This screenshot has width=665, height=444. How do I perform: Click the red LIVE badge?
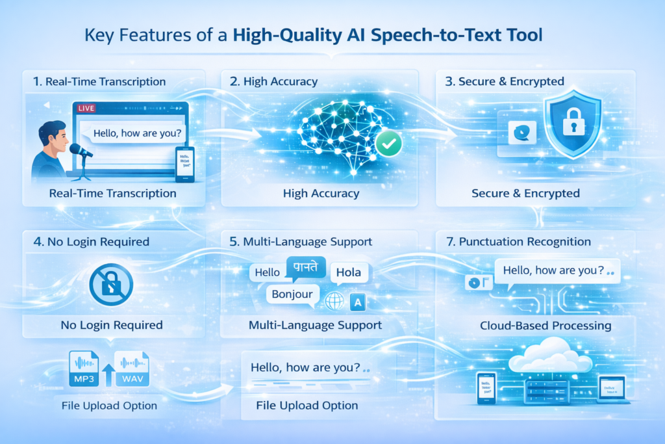pos(86,109)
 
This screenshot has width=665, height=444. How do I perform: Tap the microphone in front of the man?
pos(80,151)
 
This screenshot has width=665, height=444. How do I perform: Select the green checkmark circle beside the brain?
pos(389,144)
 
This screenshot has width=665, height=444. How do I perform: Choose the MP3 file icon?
pos(84,369)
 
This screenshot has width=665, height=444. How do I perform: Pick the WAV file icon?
pos(131,369)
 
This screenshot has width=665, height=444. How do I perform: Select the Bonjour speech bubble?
pos(292,294)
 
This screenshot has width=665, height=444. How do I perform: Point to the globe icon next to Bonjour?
pos(334,302)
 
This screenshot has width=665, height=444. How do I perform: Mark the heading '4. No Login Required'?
pos(91,242)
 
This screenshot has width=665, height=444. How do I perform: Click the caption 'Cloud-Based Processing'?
pos(546,325)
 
